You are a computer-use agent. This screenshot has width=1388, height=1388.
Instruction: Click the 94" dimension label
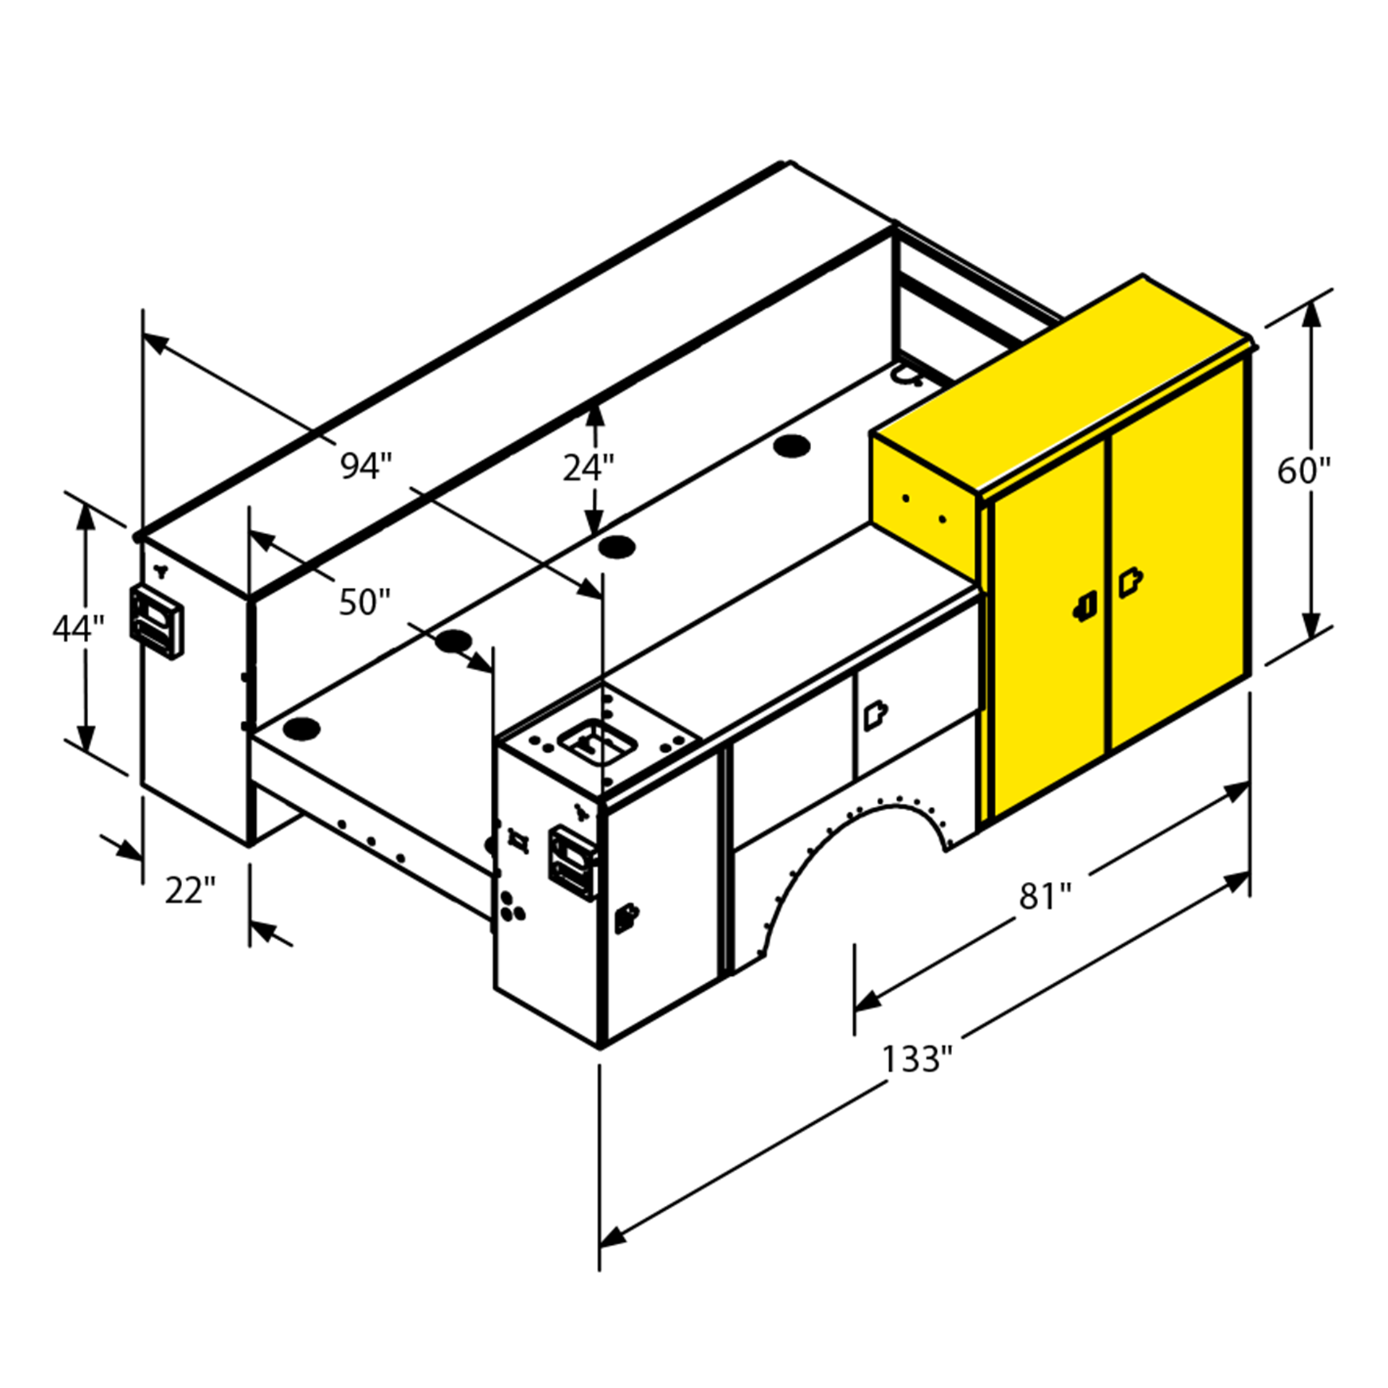(367, 466)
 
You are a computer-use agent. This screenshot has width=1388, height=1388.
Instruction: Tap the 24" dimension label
(588, 468)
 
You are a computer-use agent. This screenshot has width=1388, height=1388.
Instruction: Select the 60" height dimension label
(1303, 471)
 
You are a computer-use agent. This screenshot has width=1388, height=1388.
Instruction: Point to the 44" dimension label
(79, 627)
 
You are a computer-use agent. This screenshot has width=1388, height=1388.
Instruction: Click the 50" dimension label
(365, 601)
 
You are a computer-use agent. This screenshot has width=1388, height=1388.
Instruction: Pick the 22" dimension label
(191, 890)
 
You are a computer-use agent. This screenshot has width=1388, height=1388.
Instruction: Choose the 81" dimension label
(1045, 896)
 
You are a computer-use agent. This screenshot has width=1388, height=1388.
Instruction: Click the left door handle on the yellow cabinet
(1085, 606)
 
